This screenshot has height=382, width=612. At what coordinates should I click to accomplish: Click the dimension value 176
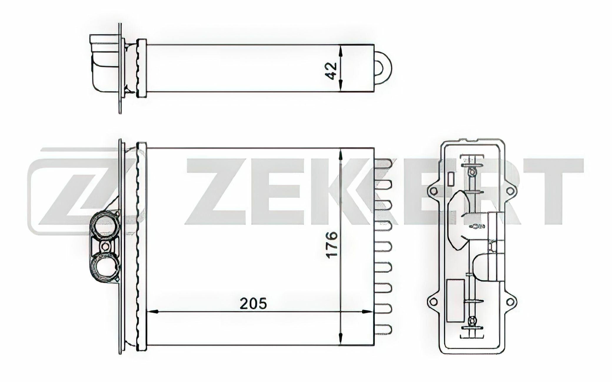(332, 244)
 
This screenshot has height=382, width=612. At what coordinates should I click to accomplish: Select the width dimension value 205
(253, 303)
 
